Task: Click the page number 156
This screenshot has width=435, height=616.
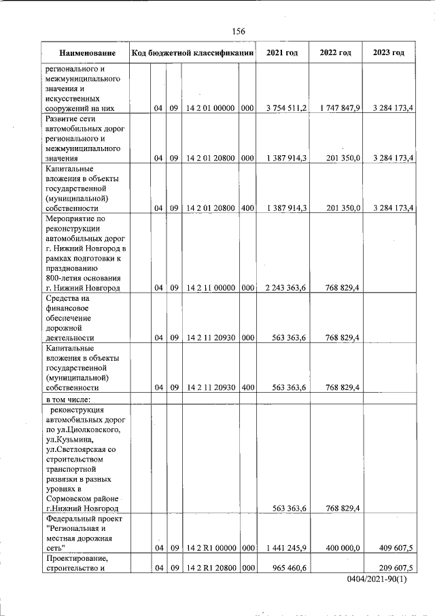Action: (x=238, y=31)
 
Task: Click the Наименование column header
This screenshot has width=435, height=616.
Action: (x=86, y=53)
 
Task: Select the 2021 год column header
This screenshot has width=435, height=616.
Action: (x=282, y=53)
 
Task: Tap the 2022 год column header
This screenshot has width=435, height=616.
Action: (x=335, y=53)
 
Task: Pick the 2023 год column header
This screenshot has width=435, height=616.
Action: (x=388, y=53)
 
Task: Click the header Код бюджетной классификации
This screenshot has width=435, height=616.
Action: (x=193, y=53)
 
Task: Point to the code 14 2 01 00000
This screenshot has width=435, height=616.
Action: (x=210, y=108)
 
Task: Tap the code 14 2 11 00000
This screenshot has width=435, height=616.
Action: (x=210, y=288)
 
